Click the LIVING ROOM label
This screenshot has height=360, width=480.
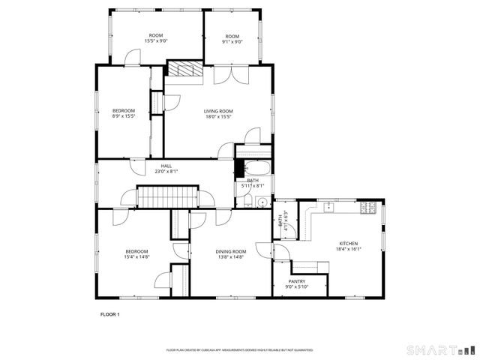(218, 111)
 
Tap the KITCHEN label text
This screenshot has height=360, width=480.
(348, 243)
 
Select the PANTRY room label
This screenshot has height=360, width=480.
(297, 281)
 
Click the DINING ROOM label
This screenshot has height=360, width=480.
(231, 251)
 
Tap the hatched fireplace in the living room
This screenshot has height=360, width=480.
(180, 70)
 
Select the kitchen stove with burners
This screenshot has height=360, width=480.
(370, 208)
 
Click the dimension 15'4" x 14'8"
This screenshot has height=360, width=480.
(136, 256)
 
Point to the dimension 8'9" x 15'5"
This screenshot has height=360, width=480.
(124, 116)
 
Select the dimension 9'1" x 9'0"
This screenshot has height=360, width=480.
(232, 42)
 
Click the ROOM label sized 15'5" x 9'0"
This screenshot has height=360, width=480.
(156, 35)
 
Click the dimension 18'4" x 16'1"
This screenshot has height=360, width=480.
(348, 249)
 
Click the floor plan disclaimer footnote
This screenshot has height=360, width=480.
(239, 350)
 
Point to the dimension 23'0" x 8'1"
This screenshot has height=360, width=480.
(166, 171)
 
